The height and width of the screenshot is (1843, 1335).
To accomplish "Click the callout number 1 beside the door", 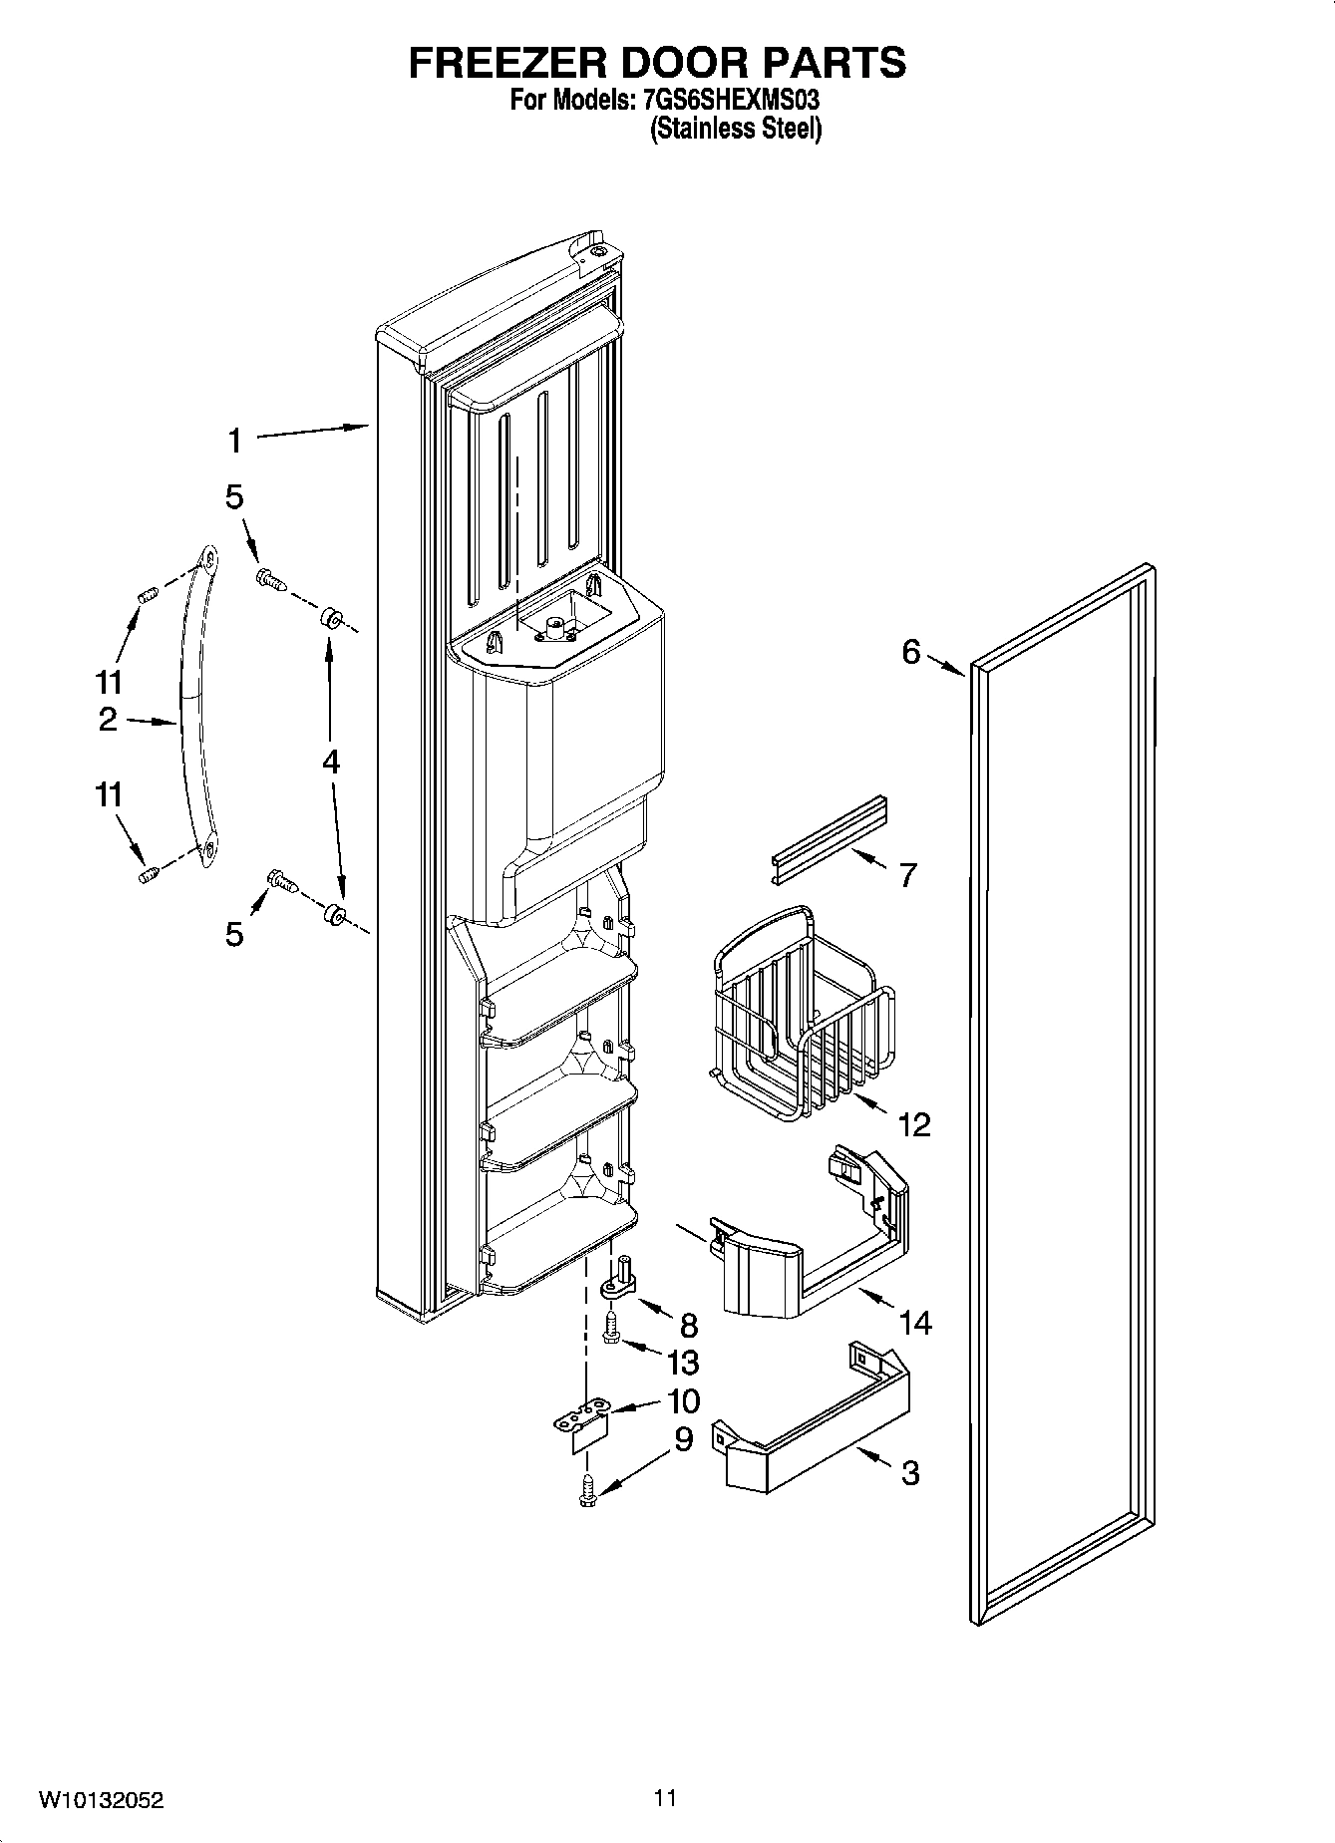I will tap(234, 440).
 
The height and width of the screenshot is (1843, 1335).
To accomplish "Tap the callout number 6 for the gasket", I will tap(911, 652).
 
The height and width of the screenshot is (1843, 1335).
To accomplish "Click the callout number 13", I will tap(683, 1362).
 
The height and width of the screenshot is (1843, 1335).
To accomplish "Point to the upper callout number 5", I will tap(234, 497).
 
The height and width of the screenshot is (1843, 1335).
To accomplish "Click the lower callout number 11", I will tap(109, 794).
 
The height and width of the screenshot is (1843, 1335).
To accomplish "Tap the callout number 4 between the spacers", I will tap(330, 762).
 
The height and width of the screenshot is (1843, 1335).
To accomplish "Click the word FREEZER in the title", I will tap(507, 62).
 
